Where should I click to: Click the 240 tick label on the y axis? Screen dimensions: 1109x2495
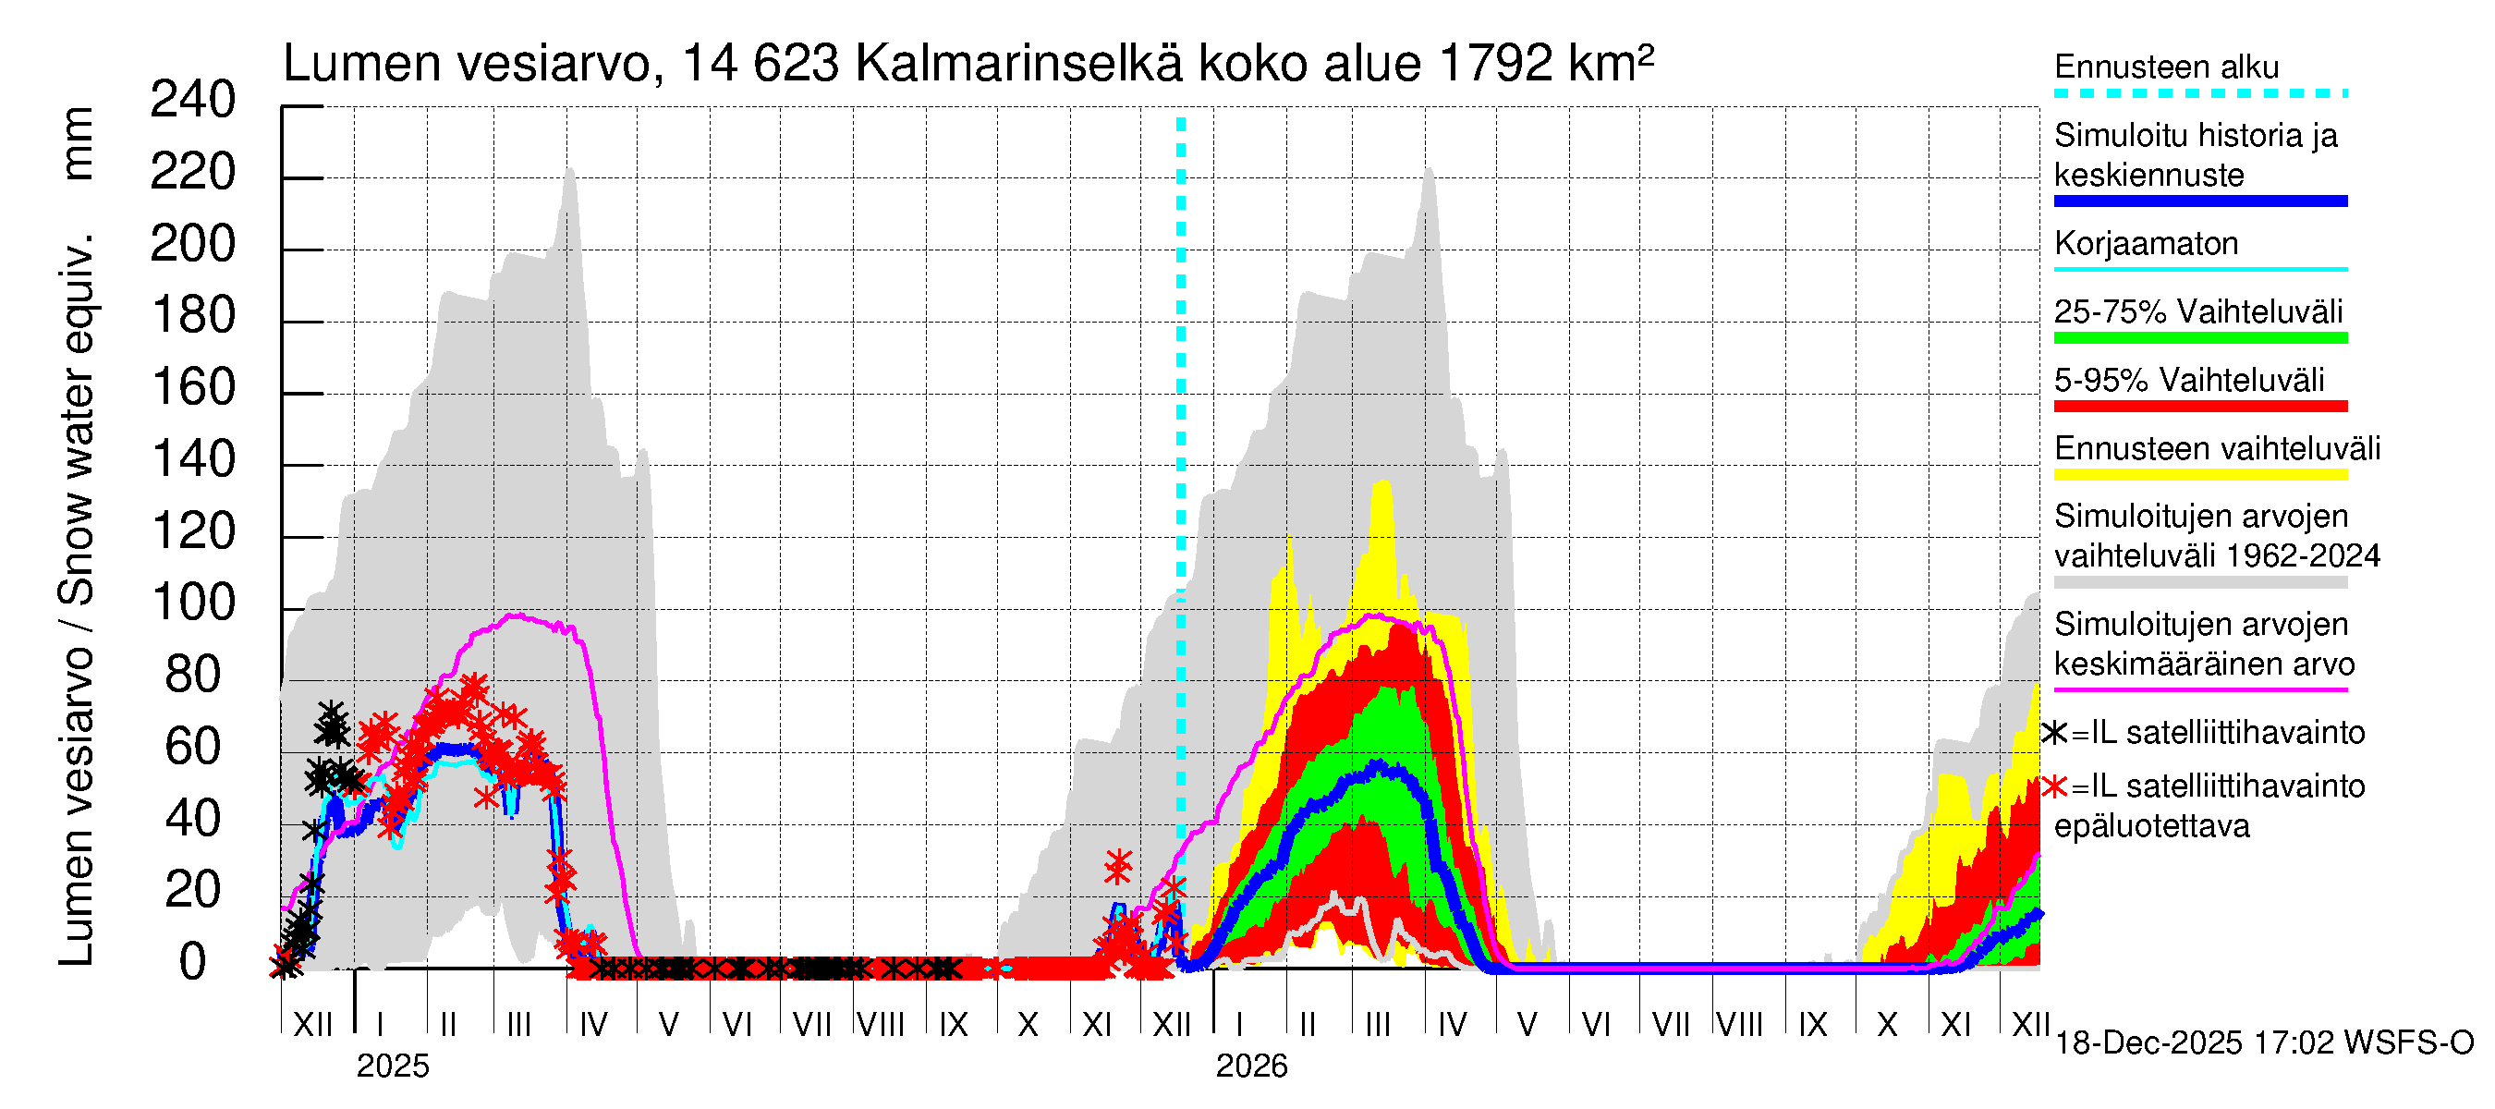tap(193, 101)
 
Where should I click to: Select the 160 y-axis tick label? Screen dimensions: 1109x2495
tap(193, 388)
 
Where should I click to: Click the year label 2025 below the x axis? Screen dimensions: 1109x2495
tap(392, 1066)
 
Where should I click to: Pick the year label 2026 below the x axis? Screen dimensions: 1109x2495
tap(1251, 1066)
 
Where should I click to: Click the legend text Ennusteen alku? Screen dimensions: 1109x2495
tap(2166, 67)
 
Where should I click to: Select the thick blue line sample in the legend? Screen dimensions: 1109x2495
tap(2199, 201)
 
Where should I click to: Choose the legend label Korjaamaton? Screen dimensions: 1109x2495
tap(2146, 243)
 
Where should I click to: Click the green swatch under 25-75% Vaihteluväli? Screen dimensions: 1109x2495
tap(2199, 338)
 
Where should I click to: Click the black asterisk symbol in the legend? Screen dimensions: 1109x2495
tap(2054, 733)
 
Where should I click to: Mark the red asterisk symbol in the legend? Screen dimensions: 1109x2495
tap(2054, 786)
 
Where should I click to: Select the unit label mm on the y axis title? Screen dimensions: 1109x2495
tap(78, 143)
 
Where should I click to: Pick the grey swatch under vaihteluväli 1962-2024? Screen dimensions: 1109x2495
tap(2199, 583)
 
